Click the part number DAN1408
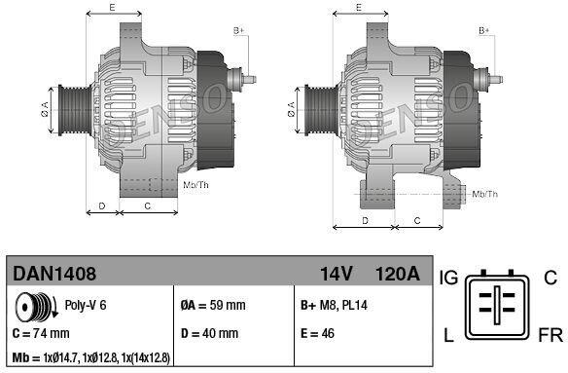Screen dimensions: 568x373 point(54,274)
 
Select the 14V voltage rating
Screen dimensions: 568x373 point(337,274)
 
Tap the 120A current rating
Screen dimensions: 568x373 point(398,274)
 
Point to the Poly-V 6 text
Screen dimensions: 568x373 point(86,305)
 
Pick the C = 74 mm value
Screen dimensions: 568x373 point(41,333)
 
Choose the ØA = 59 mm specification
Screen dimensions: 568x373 point(213,305)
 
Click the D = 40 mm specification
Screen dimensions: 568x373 point(209,333)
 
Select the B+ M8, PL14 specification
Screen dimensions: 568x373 point(334,305)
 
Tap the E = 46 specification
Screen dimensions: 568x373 point(317,333)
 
